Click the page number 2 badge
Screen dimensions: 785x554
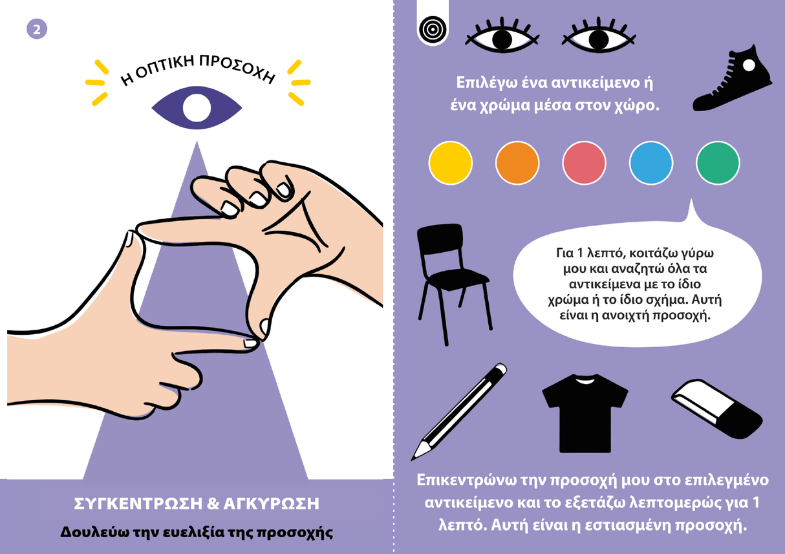[37, 29]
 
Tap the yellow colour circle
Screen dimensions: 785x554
[450, 163]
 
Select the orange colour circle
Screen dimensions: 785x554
[517, 163]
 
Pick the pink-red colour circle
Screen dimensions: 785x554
[584, 163]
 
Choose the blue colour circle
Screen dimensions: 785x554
[651, 163]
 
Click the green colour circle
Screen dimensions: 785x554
[718, 163]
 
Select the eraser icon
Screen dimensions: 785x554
[716, 409]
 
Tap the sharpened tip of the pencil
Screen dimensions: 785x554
[414, 458]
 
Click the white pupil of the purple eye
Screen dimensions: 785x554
[197, 108]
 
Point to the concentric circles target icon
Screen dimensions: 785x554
[433, 29]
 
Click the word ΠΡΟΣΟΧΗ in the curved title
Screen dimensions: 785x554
[237, 69]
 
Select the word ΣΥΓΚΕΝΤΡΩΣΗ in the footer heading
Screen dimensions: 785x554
[138, 504]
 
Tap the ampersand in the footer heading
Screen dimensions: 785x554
[213, 504]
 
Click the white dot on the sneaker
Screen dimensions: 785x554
[749, 65]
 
